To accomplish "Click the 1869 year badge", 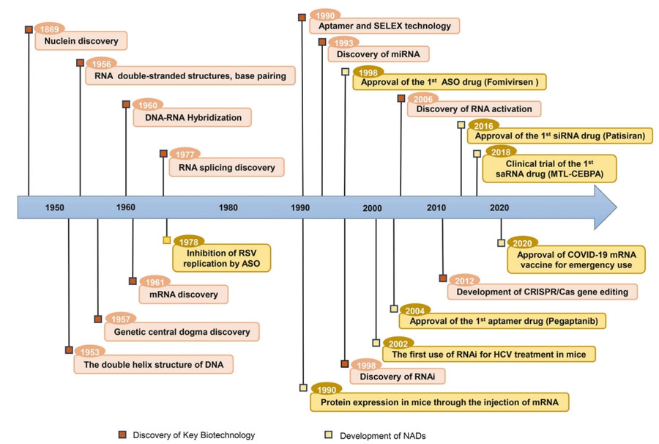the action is click(x=50, y=29).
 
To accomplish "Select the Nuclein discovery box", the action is click(x=81, y=41).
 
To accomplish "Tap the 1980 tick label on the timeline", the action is click(x=228, y=207).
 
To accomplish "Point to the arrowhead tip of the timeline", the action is click(x=617, y=207).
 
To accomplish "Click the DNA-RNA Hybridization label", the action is click(x=193, y=117).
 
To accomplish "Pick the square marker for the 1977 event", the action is click(x=163, y=154).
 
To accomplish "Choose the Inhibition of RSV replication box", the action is click(x=221, y=258).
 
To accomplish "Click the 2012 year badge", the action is click(x=464, y=281).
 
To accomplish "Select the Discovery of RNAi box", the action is click(x=398, y=377).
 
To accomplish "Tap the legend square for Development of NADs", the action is click(x=328, y=434).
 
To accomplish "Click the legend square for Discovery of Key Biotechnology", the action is click(x=122, y=434).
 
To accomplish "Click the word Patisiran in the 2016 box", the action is click(x=624, y=136).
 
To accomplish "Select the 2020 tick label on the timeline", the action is click(x=499, y=207).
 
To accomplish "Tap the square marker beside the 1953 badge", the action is click(x=69, y=349).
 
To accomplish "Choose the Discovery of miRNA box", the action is click(x=379, y=54).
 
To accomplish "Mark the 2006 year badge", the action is click(x=422, y=99).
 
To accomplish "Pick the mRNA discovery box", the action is click(x=184, y=295).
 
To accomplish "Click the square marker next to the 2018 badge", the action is click(x=477, y=154).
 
